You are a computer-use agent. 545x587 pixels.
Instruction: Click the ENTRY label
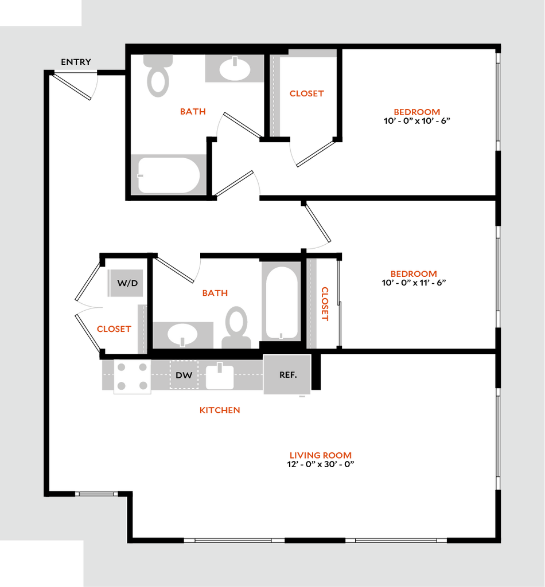(x=76, y=62)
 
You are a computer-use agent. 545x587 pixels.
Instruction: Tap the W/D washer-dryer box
(x=126, y=283)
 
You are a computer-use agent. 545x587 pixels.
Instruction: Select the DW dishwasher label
(x=184, y=375)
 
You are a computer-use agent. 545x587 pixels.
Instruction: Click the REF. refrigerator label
(x=287, y=375)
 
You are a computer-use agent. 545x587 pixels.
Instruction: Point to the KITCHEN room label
(x=220, y=410)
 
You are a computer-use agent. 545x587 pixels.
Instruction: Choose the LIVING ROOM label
(x=320, y=456)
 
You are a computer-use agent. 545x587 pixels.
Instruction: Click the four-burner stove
(x=133, y=377)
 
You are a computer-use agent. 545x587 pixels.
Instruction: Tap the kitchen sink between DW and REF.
(x=220, y=377)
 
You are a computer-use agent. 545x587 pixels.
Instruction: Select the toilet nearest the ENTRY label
(x=158, y=75)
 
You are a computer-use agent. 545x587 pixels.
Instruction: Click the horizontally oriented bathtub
(x=169, y=174)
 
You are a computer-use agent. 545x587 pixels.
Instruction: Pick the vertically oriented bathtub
(x=282, y=302)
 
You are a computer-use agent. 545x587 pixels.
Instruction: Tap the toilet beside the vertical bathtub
(x=237, y=327)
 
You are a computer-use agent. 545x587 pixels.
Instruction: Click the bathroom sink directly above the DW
(x=183, y=333)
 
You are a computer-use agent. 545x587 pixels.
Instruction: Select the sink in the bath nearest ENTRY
(x=234, y=69)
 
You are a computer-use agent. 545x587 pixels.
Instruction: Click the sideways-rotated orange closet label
(x=326, y=304)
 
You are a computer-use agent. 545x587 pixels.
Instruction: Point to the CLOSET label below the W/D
(x=114, y=330)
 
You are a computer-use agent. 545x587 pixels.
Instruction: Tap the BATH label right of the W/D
(x=215, y=293)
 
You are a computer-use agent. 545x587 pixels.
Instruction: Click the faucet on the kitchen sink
(x=219, y=367)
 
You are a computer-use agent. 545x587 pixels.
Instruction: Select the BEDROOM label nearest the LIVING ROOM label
(x=414, y=274)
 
